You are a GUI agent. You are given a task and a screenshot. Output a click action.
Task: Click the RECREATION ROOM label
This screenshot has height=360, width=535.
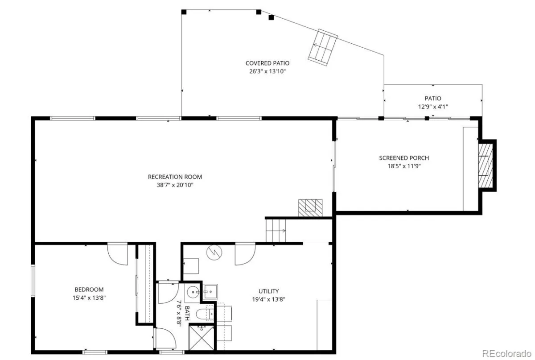(x=175, y=177)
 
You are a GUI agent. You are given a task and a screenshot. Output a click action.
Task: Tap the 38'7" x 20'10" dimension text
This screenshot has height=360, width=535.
(x=175, y=185)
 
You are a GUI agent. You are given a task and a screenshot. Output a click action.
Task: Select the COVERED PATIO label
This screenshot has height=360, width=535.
(x=267, y=63)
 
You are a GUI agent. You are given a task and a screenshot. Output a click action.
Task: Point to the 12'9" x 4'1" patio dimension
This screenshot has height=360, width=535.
(x=433, y=106)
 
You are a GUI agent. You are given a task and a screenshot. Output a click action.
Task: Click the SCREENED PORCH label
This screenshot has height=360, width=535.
(x=404, y=158)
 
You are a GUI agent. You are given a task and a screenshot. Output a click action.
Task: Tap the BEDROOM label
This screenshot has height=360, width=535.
(x=89, y=290)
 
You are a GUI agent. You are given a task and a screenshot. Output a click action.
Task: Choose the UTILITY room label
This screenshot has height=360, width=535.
(x=268, y=291)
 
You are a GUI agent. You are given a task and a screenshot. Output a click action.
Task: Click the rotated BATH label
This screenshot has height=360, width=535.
(x=187, y=313)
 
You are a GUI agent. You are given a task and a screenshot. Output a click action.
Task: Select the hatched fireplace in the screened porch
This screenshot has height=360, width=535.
(x=486, y=166)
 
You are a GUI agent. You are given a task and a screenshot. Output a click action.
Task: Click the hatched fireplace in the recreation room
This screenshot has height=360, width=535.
(x=310, y=208)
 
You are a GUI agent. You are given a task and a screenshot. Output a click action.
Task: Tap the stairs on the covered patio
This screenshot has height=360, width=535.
(x=323, y=47)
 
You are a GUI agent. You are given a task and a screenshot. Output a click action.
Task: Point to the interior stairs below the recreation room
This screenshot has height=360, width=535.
(x=276, y=231)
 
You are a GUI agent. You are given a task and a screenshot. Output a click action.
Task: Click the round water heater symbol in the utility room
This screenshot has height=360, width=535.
(x=214, y=252)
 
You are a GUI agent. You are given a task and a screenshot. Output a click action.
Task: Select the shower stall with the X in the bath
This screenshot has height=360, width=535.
(x=202, y=338)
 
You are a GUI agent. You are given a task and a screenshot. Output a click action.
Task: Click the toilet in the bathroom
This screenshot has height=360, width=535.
(x=205, y=314)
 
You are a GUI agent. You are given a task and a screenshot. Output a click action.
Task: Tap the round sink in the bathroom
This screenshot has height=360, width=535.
(x=193, y=292)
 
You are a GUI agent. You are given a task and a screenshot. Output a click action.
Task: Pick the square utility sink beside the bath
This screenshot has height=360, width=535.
(x=210, y=292)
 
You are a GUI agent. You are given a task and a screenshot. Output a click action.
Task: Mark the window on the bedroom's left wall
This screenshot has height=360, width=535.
(x=33, y=281)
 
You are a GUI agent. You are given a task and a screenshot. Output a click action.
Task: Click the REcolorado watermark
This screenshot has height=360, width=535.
(x=506, y=353)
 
